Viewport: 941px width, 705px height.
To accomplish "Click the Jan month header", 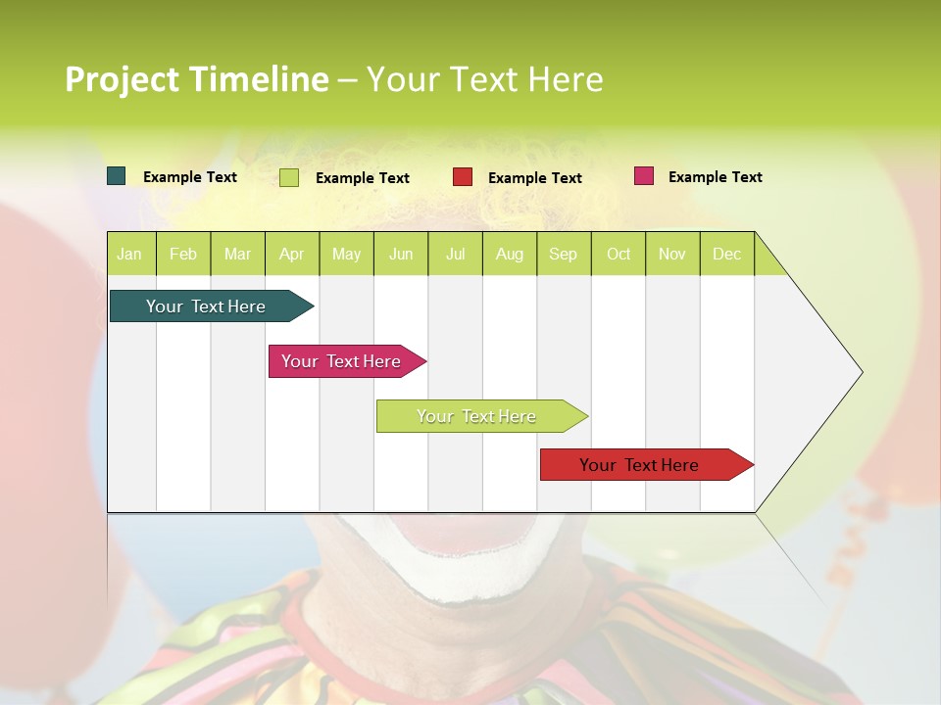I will [x=129, y=254].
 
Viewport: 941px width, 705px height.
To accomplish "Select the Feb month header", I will [x=183, y=254].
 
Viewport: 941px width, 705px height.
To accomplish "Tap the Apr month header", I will [x=291, y=254].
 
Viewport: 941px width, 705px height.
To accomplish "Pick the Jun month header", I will [x=401, y=254].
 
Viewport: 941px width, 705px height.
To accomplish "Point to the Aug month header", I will [x=509, y=254].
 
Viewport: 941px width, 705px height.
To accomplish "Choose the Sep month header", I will [x=563, y=254].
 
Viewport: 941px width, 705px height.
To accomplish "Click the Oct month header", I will [x=619, y=254].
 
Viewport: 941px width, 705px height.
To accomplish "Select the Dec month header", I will [x=726, y=254].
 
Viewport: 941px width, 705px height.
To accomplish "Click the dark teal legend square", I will [x=117, y=176].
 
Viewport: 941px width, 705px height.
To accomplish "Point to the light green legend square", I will [x=289, y=177].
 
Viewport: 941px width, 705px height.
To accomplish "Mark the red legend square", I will [x=463, y=177].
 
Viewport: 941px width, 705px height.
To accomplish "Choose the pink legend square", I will [x=644, y=176].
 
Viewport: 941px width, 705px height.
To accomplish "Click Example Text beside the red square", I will [x=534, y=178].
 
